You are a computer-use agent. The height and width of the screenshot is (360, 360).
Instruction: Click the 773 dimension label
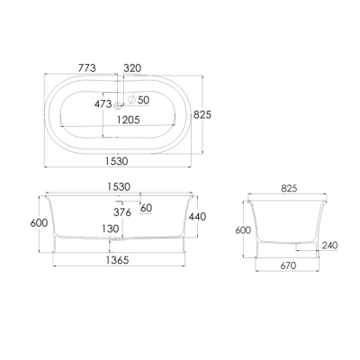coord(87,68)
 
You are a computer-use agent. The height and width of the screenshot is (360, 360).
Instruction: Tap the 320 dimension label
coord(132,68)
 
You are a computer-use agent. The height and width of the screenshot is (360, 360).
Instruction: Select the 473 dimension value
coord(103,104)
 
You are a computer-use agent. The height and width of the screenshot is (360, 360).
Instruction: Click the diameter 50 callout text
coord(139,100)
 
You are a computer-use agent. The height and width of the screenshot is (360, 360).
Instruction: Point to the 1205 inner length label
coord(129,120)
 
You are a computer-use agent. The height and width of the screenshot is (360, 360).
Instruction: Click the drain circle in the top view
coord(118,105)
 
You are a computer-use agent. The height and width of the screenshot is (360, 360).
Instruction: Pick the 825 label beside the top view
coord(202,114)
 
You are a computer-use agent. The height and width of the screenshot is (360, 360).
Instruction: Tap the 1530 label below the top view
coord(117,161)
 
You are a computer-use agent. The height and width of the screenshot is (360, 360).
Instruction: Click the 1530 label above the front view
coord(119,187)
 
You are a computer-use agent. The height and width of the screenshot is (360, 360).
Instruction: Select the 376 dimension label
coord(122,212)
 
